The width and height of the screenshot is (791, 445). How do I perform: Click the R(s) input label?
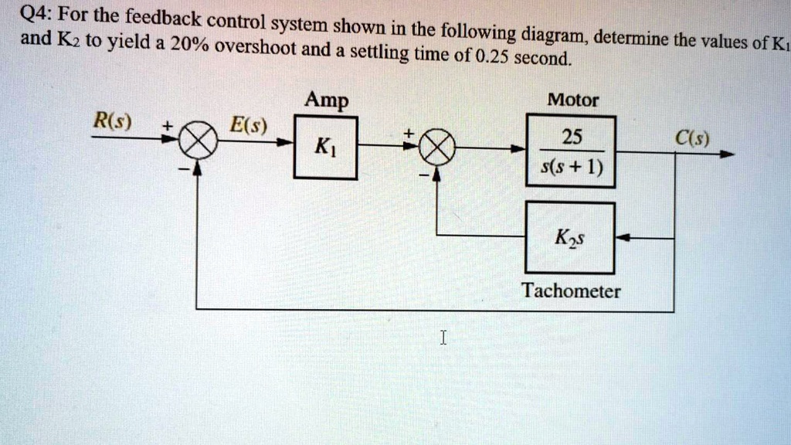tap(112, 121)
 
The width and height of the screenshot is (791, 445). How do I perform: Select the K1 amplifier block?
tap(325, 148)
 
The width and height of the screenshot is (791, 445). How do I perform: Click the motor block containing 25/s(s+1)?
tap(571, 151)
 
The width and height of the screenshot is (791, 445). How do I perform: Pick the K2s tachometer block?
tap(570, 238)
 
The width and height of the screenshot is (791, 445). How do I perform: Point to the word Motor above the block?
tap(572, 100)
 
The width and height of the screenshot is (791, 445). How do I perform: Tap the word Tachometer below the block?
tap(570, 291)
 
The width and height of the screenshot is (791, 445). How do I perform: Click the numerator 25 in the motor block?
tap(572, 138)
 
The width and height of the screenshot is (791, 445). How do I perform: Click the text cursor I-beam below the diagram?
tap(442, 337)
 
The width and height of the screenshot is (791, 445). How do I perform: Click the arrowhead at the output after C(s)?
tap(726, 154)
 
